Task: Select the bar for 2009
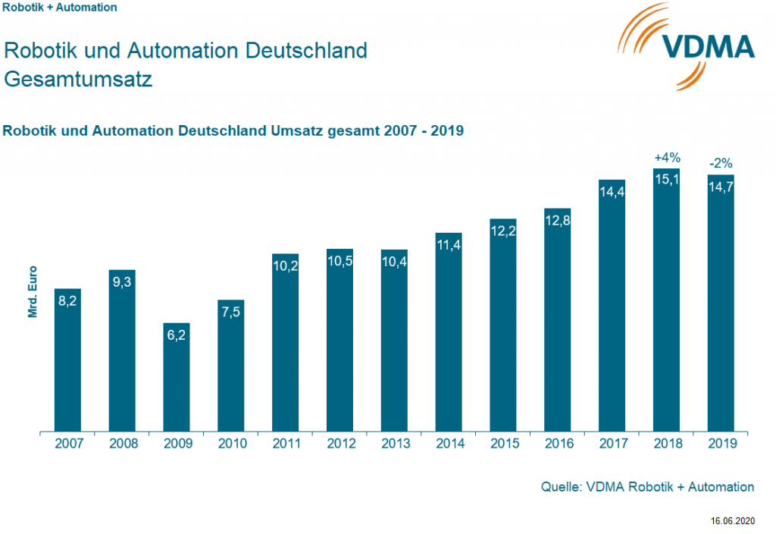click(176, 379)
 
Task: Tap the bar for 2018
click(667, 303)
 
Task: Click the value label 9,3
click(122, 282)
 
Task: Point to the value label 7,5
click(231, 313)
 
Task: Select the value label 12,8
click(557, 221)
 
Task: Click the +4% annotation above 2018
click(667, 158)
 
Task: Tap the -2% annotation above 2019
click(721, 163)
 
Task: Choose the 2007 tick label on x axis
click(68, 443)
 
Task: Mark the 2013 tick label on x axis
click(394, 443)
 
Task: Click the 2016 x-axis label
click(558, 443)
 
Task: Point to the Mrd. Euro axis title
click(33, 291)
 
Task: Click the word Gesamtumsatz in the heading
click(78, 79)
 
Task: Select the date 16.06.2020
click(733, 521)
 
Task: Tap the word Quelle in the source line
click(559, 487)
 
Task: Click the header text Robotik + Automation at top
click(61, 8)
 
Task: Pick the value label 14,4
click(612, 193)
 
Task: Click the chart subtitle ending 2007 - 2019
click(233, 130)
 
